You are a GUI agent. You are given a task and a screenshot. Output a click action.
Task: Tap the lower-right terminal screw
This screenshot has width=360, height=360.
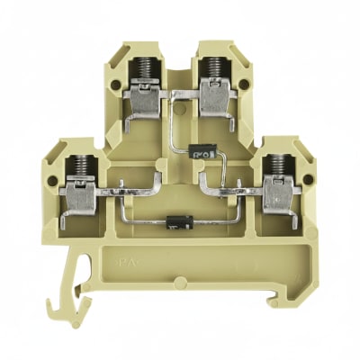click(280, 161)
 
